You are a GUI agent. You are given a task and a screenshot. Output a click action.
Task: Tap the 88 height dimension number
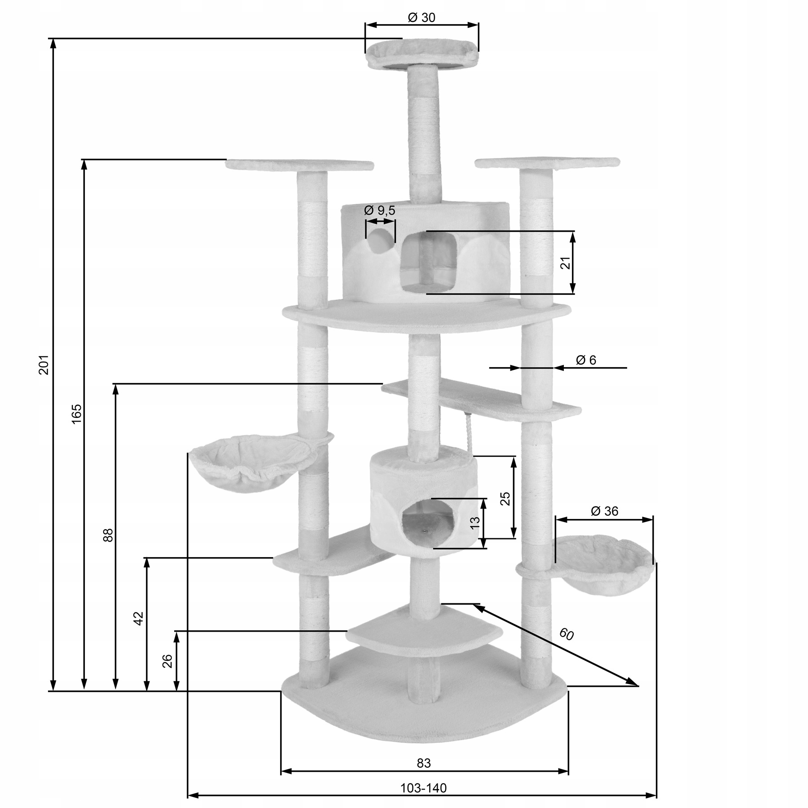(x=108, y=535)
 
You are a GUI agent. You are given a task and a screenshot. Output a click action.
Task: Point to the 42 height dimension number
(x=139, y=618)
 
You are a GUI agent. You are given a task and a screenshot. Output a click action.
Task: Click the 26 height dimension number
(x=167, y=661)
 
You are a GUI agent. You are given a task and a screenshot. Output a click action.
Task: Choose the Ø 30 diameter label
(x=422, y=17)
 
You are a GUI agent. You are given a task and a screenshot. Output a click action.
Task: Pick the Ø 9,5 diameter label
(x=380, y=210)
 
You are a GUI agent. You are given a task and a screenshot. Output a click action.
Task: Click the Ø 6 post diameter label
(x=586, y=360)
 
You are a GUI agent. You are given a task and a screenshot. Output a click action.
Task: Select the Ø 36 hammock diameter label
(x=604, y=511)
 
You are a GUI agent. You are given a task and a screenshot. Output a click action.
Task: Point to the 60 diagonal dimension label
(x=566, y=634)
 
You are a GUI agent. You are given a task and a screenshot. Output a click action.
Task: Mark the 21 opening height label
(x=566, y=263)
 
